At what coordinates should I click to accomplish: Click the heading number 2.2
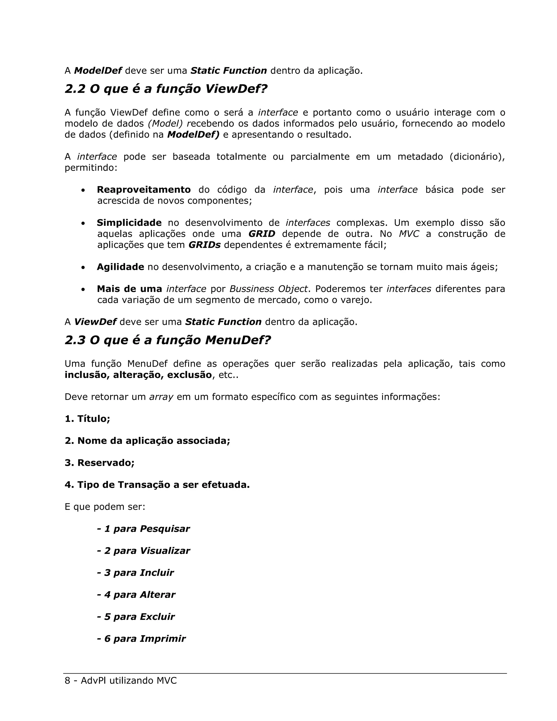point(75,89)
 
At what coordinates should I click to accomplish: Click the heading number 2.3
point(75,340)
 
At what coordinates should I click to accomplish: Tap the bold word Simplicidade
point(129,223)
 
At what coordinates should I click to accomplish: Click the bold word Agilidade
point(120,267)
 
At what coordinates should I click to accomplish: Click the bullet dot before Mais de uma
point(83,289)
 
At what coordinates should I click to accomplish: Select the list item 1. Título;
point(88,419)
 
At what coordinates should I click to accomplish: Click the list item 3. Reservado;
point(100,463)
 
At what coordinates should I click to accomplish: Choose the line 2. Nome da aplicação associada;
point(147,441)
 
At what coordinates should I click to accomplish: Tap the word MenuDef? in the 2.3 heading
point(238,340)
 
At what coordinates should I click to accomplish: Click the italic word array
point(161,397)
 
